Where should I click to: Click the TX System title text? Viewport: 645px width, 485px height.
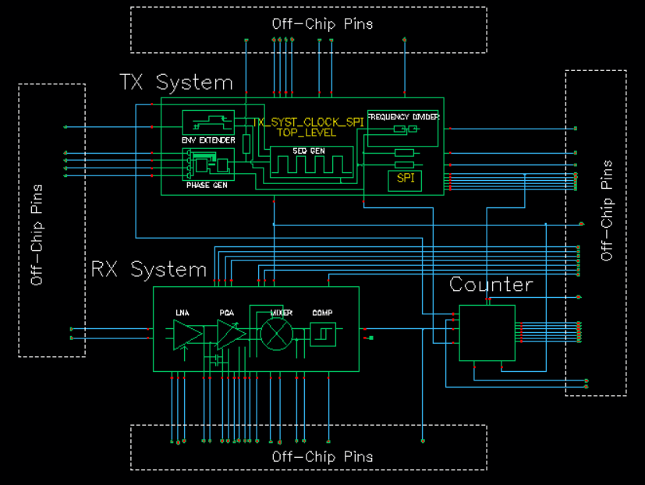click(175, 82)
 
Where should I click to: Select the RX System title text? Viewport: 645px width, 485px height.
click(148, 270)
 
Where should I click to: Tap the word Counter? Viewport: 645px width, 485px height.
click(491, 285)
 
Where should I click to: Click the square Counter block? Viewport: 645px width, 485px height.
click(487, 333)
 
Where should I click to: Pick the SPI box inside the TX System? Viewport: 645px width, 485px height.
click(405, 179)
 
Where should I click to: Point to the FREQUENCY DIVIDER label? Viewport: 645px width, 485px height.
click(403, 116)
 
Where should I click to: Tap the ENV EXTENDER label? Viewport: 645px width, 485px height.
click(208, 140)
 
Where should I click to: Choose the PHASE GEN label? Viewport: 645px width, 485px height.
click(205, 187)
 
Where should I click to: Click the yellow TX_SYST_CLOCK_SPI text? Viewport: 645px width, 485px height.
click(309, 122)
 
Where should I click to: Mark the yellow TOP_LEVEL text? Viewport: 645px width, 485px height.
click(306, 133)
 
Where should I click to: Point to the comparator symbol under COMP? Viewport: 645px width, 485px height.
click(322, 335)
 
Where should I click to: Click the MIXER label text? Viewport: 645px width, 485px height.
click(281, 313)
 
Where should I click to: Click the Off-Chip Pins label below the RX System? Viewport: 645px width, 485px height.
click(322, 456)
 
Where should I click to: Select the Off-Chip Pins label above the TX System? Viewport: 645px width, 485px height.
click(322, 23)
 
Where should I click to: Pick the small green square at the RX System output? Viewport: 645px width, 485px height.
click(370, 338)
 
